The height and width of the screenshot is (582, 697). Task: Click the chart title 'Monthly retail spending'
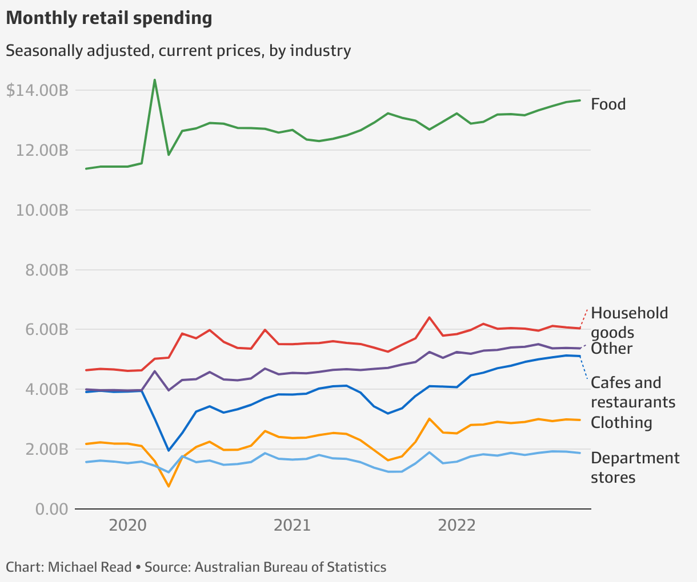pyautogui.click(x=109, y=18)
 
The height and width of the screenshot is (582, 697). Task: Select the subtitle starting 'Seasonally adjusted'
pyautogui.click(x=178, y=51)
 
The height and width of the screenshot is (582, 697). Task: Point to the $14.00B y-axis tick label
pyautogui.click(x=38, y=90)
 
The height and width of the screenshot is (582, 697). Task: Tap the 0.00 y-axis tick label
pyautogui.click(x=52, y=509)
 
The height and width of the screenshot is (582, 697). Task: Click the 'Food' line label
pyautogui.click(x=608, y=104)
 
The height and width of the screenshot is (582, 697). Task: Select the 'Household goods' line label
pyautogui.click(x=629, y=322)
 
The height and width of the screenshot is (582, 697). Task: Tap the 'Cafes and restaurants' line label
pyautogui.click(x=632, y=392)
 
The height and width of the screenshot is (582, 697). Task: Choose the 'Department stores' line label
pyautogui.click(x=635, y=467)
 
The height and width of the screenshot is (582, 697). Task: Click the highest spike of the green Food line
pyautogui.click(x=155, y=80)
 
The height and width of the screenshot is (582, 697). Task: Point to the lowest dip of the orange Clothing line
pyautogui.click(x=169, y=486)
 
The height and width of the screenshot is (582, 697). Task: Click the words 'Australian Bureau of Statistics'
pyautogui.click(x=290, y=567)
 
